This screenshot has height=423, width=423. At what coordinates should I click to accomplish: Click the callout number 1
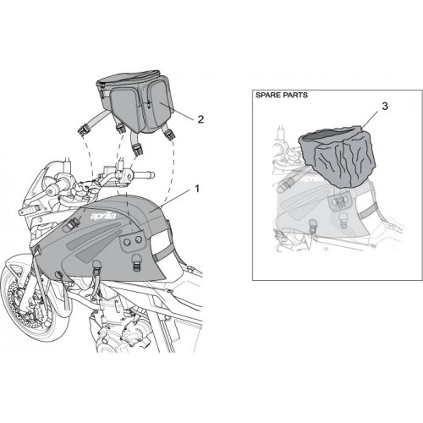pyautogui.click(x=197, y=189)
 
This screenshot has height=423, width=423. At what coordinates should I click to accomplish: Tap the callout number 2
pyautogui.click(x=201, y=119)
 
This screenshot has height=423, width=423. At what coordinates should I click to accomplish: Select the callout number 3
pyautogui.click(x=385, y=107)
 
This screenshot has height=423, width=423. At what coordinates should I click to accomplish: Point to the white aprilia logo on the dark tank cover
pyautogui.click(x=103, y=217)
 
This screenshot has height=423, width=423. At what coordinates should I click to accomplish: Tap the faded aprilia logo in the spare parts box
pyautogui.click(x=313, y=179)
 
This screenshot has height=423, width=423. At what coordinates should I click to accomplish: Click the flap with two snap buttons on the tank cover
pyautogui.click(x=133, y=240)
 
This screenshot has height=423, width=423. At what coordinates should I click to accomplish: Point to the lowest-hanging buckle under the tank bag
pyautogui.click(x=138, y=149)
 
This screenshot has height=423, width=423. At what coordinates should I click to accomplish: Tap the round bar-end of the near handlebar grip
pyautogui.click(x=51, y=192)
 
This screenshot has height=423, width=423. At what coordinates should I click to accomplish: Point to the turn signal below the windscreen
pyautogui.click(x=28, y=210)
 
